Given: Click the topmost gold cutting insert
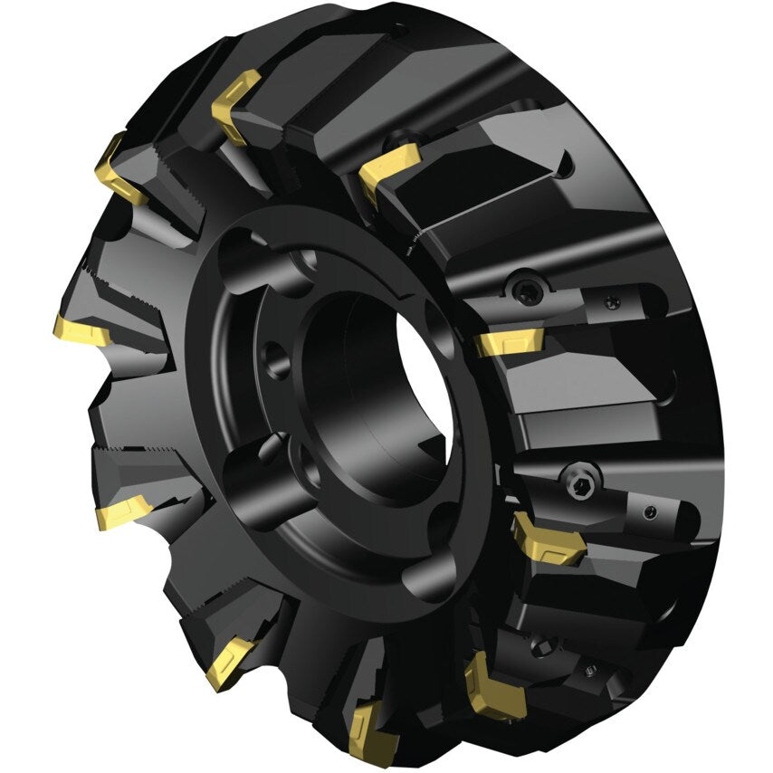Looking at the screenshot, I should click(x=235, y=106).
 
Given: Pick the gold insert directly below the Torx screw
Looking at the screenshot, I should click(x=510, y=343).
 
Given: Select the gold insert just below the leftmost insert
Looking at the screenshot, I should click(x=123, y=512).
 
